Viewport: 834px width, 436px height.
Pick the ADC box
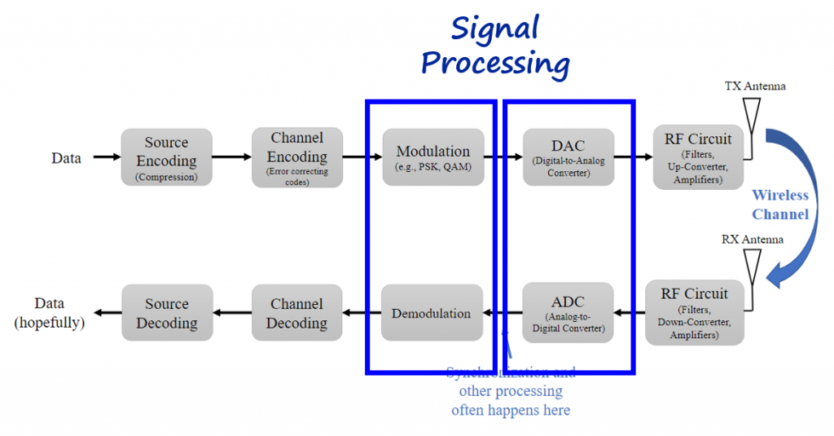pyautogui.click(x=568, y=313)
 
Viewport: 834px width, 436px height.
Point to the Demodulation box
pyautogui.click(x=432, y=313)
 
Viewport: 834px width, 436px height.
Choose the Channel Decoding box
pyautogui.click(x=296, y=313)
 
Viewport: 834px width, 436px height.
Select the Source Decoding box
pyautogui.click(x=166, y=313)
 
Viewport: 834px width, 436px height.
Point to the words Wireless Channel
pyautogui.click(x=780, y=205)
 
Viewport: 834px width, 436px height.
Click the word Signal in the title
pyautogui.click(x=494, y=29)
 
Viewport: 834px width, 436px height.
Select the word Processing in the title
pyautogui.click(x=494, y=64)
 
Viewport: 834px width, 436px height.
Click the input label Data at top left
pyautogui.click(x=66, y=158)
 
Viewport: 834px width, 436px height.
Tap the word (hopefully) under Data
pyautogui.click(x=50, y=323)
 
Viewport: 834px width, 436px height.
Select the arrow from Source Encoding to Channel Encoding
pyautogui.click(x=231, y=156)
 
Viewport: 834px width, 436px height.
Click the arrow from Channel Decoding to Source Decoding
pyautogui.click(x=232, y=313)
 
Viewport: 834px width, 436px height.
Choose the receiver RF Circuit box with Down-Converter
pyautogui.click(x=694, y=313)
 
